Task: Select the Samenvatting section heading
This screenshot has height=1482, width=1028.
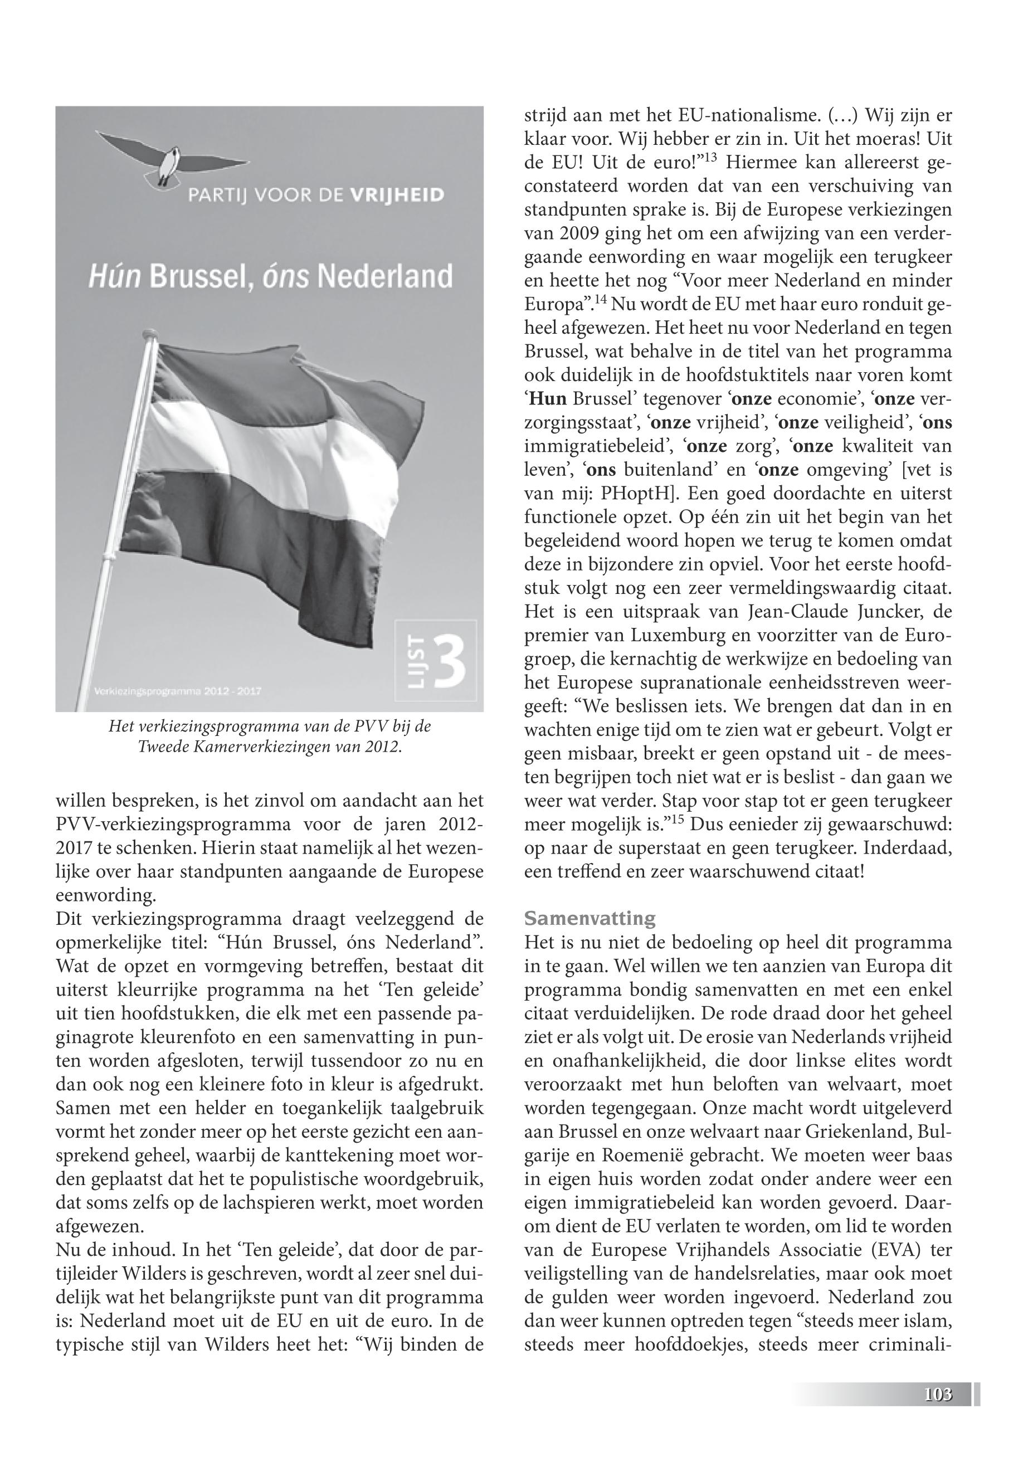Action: pos(590,918)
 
